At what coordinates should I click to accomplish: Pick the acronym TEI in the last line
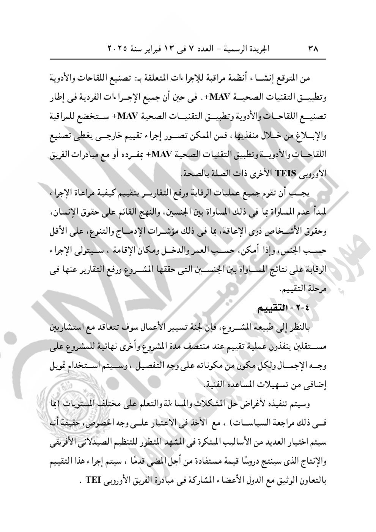click(x=94, y=479)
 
